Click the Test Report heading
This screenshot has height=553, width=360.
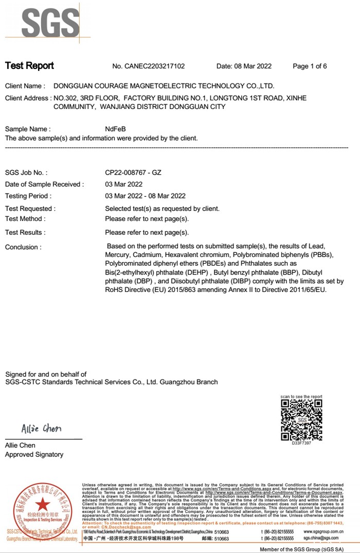(x=29, y=66)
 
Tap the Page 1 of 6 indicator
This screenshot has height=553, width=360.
(x=310, y=66)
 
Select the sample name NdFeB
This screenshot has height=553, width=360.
(x=115, y=129)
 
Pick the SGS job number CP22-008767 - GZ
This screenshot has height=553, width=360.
(x=133, y=173)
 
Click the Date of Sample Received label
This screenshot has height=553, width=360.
(x=44, y=185)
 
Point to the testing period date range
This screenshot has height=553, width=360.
(x=145, y=196)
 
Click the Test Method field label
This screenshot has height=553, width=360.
(x=25, y=219)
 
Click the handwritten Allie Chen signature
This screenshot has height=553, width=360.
(x=41, y=429)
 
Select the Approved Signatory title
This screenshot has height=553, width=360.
(x=34, y=454)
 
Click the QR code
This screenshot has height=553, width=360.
(x=301, y=419)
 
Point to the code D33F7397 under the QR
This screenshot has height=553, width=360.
(x=301, y=443)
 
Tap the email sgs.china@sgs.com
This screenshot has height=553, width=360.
(x=321, y=538)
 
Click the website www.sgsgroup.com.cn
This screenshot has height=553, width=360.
(x=324, y=531)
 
